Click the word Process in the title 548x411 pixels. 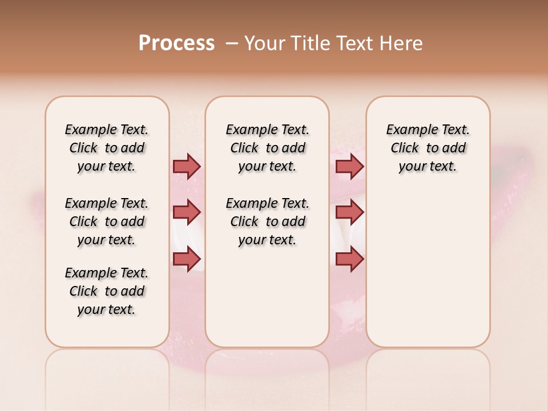click(176, 43)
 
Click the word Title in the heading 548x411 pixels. click(309, 43)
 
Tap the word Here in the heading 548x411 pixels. click(402, 43)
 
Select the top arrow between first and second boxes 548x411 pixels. click(187, 166)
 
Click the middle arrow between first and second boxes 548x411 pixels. click(187, 212)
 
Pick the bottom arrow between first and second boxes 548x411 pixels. click(187, 259)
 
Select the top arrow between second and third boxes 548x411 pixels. click(349, 166)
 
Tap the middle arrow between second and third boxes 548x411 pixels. click(349, 212)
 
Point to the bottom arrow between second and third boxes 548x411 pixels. click(349, 259)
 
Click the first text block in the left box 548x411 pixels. click(107, 148)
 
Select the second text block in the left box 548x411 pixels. click(107, 221)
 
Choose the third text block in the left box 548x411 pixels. click(107, 291)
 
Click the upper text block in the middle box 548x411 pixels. click(267, 148)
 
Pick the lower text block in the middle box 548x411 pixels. click(267, 221)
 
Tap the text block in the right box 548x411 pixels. click(428, 148)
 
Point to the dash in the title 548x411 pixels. click(231, 43)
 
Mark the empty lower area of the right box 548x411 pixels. click(428, 268)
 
